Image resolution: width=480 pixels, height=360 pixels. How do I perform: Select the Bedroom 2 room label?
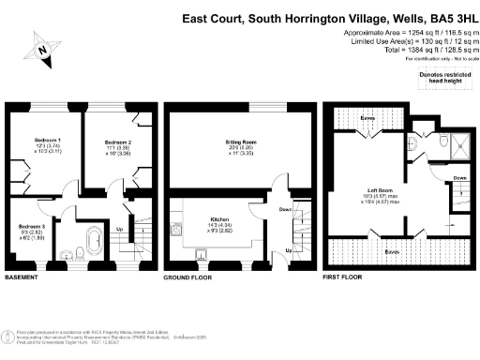click(117, 142)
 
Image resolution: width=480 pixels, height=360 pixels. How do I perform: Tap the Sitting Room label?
click(242, 142)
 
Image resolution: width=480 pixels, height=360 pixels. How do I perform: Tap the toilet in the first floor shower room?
click(442, 141)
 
